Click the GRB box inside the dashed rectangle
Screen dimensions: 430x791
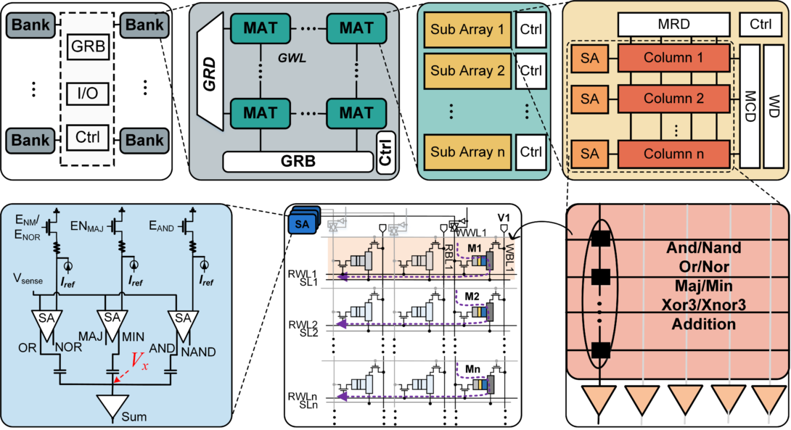point(88,49)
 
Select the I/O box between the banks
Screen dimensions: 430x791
point(88,93)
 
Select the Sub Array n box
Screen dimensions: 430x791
point(466,152)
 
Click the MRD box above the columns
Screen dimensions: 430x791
point(673,24)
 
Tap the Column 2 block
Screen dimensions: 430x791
point(673,97)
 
